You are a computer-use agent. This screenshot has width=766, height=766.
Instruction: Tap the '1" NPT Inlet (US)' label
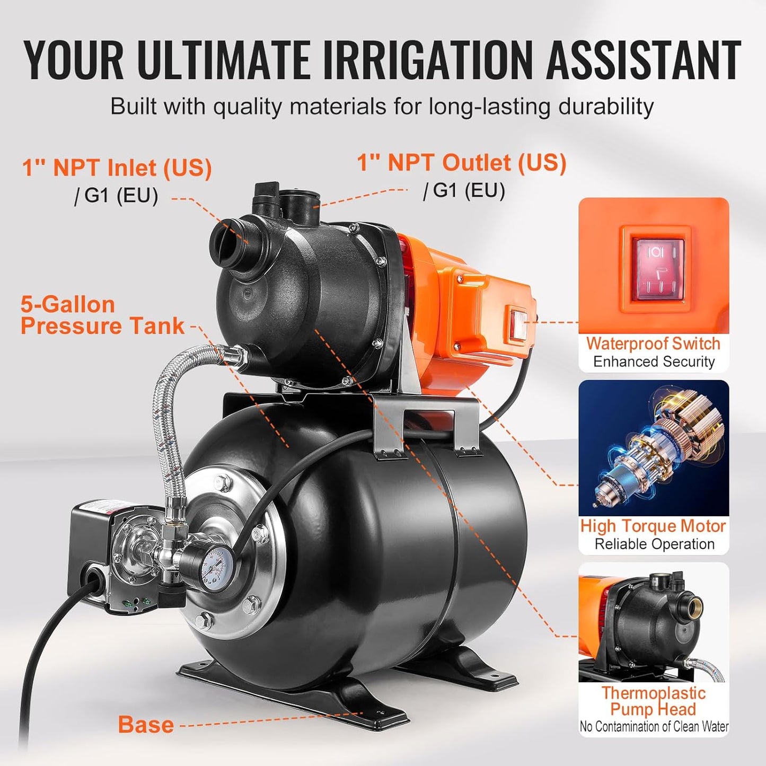point(117,168)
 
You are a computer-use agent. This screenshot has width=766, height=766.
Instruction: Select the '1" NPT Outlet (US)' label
point(461,163)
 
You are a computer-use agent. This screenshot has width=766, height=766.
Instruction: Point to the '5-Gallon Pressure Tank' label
point(102,315)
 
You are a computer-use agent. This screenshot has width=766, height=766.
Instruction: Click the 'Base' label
point(146,725)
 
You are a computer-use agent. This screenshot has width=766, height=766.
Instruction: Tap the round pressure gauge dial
point(216,566)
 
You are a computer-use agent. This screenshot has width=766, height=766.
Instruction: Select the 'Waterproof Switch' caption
point(653,344)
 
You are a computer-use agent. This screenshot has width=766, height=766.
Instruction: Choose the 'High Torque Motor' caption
point(653,526)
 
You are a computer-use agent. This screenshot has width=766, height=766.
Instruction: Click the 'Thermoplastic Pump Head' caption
point(653,701)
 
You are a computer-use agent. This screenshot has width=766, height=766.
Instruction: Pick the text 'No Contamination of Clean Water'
point(654,727)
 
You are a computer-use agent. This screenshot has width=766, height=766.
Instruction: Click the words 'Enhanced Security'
point(654,362)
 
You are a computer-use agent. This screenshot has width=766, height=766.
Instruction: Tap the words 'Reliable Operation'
point(654,544)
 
